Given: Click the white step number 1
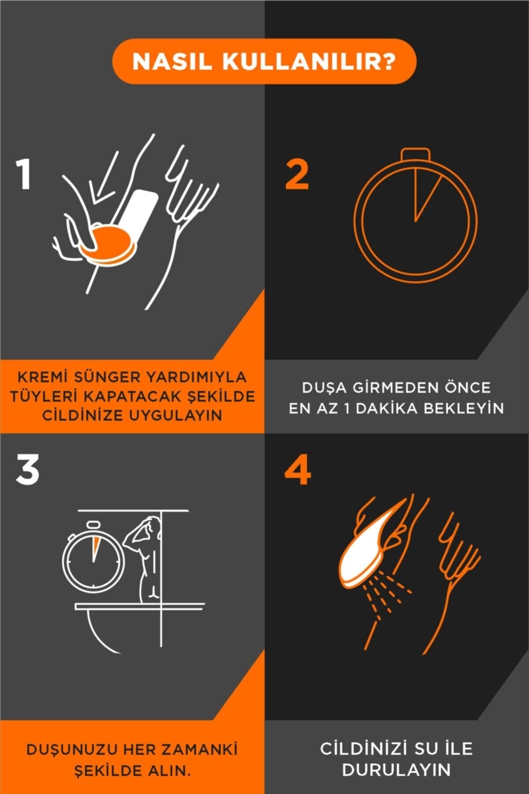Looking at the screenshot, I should click(24, 174).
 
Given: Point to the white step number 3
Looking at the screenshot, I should click(27, 470).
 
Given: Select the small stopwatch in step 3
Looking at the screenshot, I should click(93, 558).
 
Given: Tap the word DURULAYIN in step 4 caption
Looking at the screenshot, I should click(396, 770).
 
